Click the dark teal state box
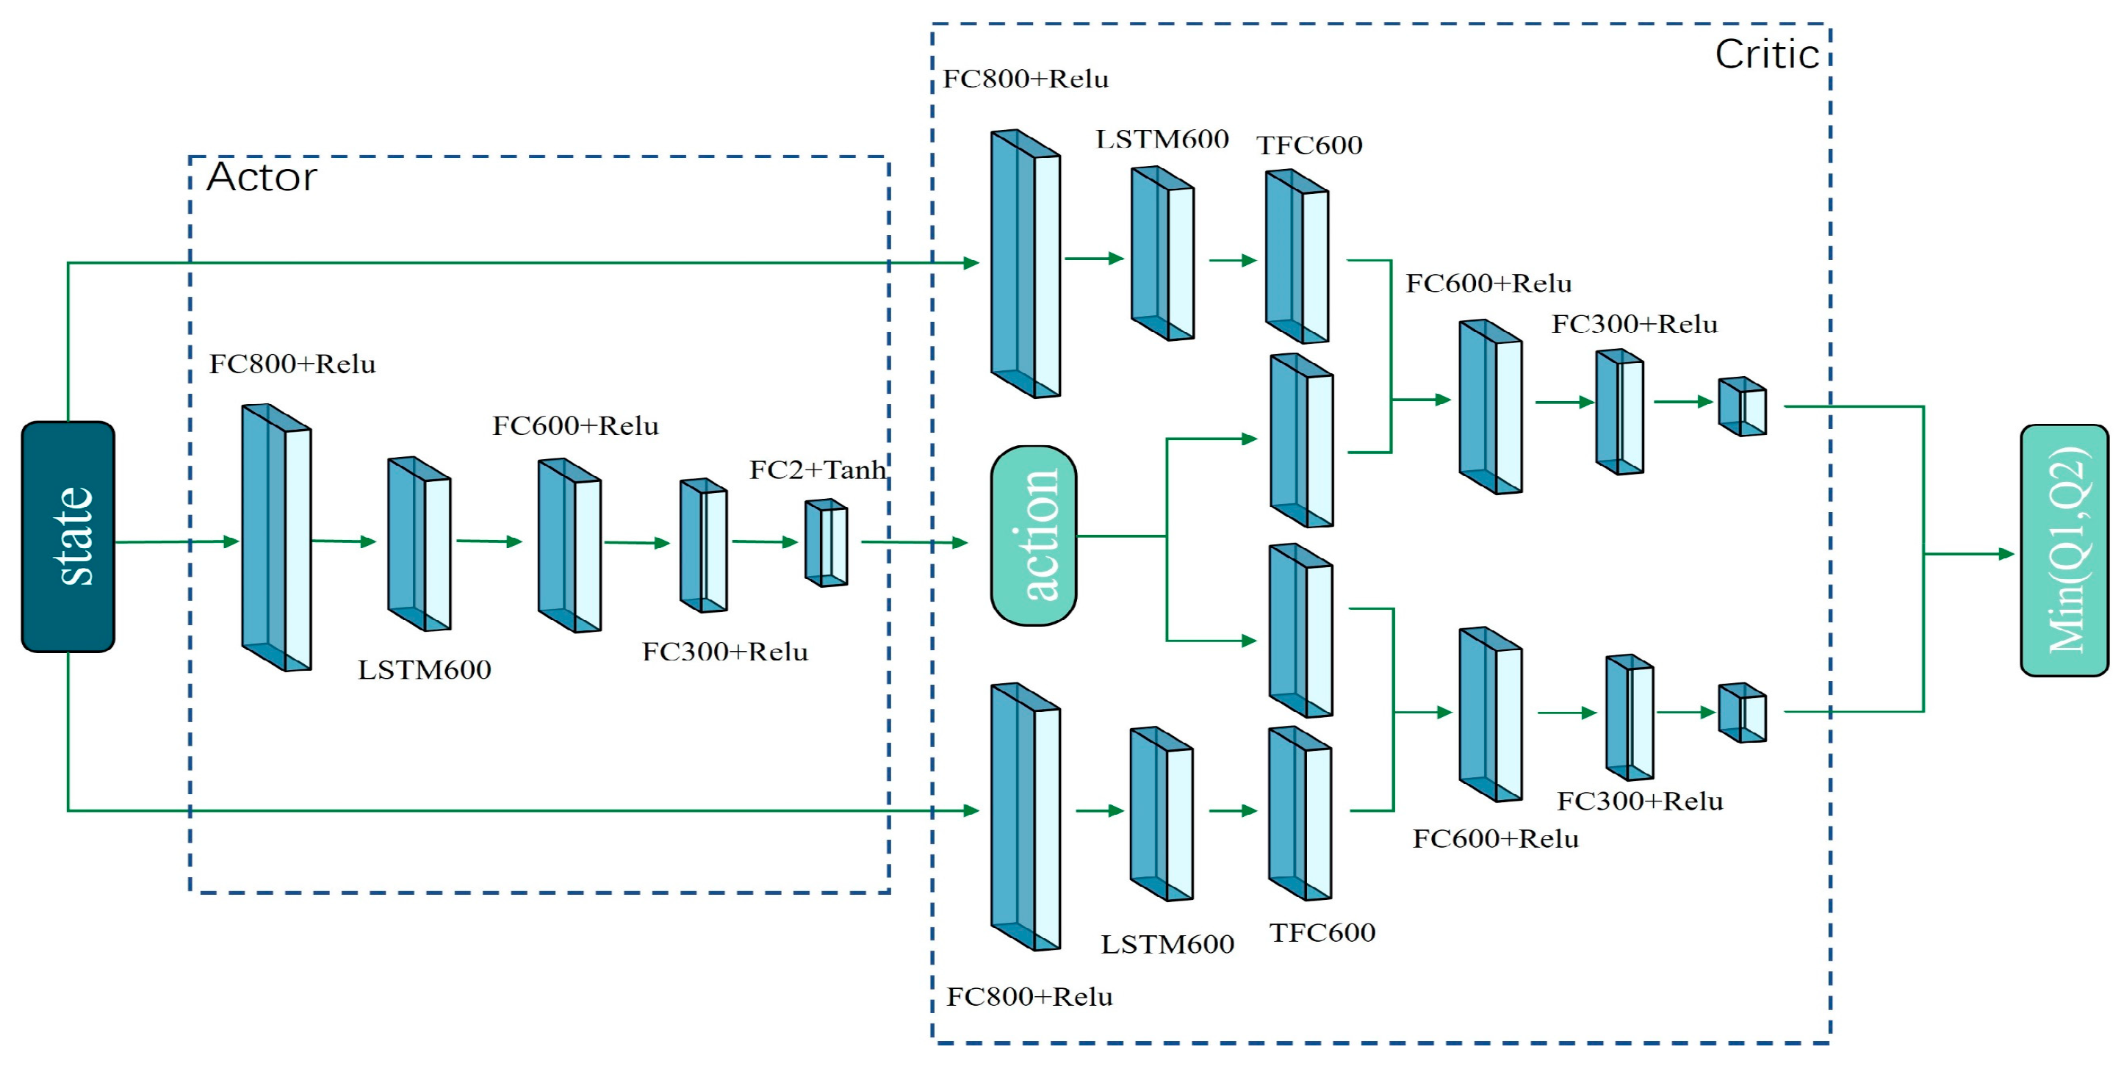(x=68, y=537)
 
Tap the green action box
(x=1033, y=535)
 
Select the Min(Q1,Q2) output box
(x=2064, y=550)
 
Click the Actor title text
(x=262, y=177)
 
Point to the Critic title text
(x=1766, y=55)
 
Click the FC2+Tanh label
(x=817, y=470)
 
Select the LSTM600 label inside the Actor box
(x=424, y=669)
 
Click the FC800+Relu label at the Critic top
(x=1025, y=79)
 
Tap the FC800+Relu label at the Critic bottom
(x=1029, y=997)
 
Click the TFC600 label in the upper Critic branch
(x=1308, y=145)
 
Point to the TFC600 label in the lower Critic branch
(x=1322, y=932)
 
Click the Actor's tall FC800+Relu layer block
(x=276, y=537)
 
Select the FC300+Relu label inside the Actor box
(x=724, y=652)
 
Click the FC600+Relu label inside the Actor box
(x=575, y=426)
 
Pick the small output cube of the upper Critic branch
(x=1741, y=406)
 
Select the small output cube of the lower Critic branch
(x=1741, y=713)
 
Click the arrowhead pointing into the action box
(x=959, y=542)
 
